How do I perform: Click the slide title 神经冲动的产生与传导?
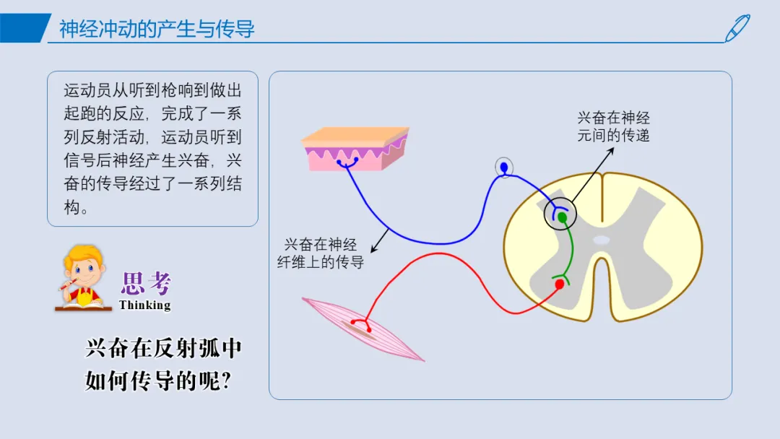tap(157, 29)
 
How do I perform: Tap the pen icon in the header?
tap(737, 28)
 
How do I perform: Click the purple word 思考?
tap(146, 283)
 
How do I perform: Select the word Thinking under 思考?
tap(144, 305)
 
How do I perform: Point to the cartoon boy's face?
tap(84, 271)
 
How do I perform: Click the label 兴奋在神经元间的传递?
tap(613, 127)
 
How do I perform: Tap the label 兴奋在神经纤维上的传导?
tap(321, 253)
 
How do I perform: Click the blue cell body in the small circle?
tap(504, 168)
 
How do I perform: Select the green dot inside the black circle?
tap(562, 217)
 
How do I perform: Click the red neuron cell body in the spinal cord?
tap(560, 284)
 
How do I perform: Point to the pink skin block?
tap(355, 149)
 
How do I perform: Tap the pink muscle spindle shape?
tap(363, 329)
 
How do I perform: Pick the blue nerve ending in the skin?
tap(347, 162)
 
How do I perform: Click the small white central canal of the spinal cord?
tap(602, 240)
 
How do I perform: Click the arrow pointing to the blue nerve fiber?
tap(380, 240)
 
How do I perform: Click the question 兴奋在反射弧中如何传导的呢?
tap(163, 365)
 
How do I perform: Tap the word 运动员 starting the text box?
tap(87, 90)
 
